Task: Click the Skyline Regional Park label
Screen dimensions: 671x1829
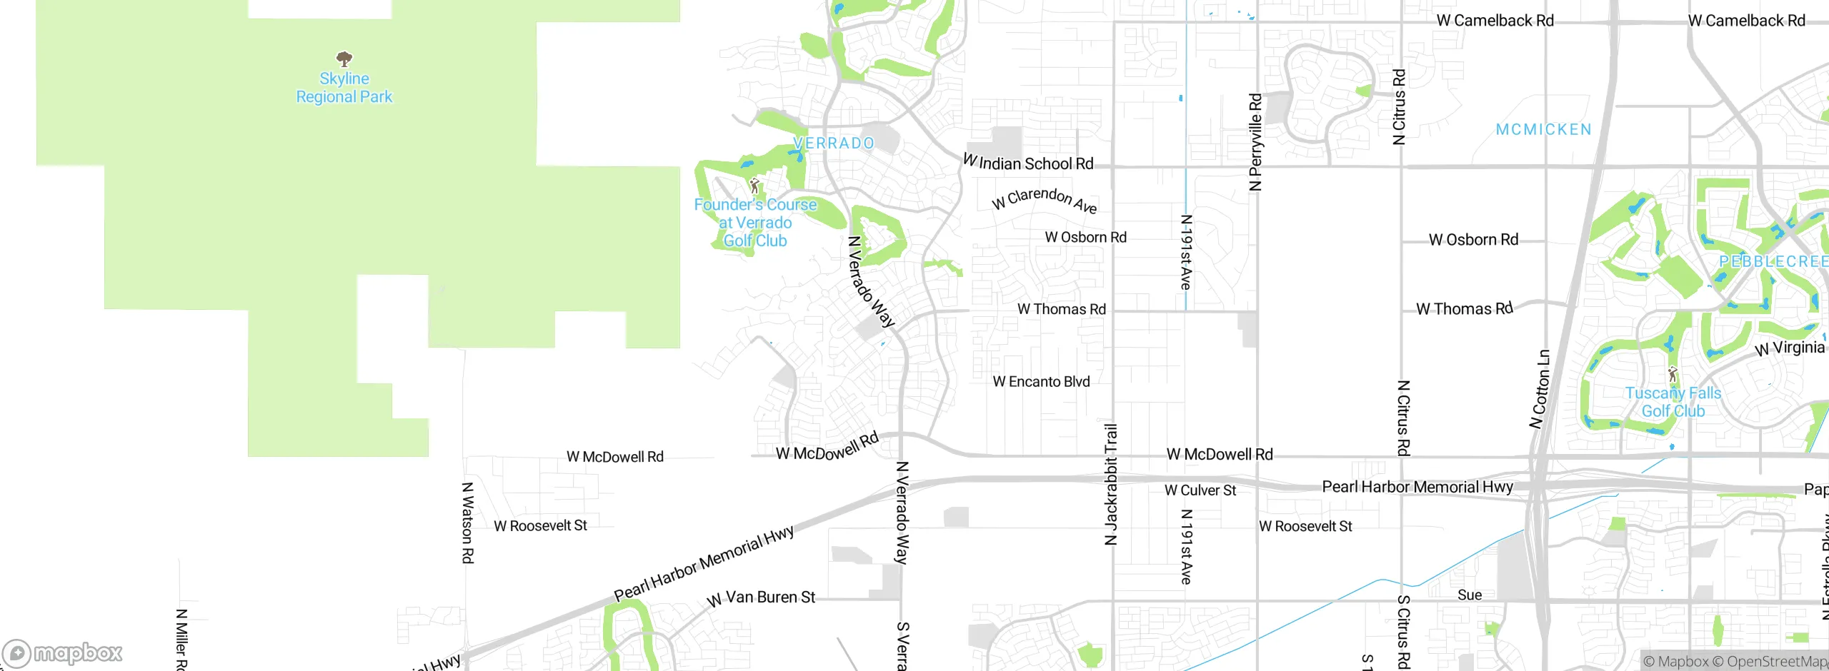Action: pos(344,88)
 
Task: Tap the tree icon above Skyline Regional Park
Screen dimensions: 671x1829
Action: pos(344,59)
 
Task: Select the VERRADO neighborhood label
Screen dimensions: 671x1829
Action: pos(834,143)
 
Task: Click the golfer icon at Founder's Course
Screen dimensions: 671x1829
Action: pos(754,186)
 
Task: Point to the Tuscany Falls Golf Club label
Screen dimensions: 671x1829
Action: pos(1673,402)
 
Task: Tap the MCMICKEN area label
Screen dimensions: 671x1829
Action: pos(1543,130)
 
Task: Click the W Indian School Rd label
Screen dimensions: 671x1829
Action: pos(1029,163)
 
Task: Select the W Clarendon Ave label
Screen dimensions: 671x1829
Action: pos(1045,199)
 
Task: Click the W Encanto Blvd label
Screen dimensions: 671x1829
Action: pos(1041,382)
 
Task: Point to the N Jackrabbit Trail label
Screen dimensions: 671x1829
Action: pos(1111,485)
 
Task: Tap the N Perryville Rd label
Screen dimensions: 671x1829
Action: pos(1255,142)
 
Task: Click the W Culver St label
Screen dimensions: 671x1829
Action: pos(1200,490)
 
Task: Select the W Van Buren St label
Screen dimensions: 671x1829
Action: pos(761,598)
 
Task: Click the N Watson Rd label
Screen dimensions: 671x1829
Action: pos(467,523)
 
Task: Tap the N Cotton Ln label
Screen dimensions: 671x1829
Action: pos(1540,389)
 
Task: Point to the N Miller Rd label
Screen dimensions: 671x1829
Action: pos(181,639)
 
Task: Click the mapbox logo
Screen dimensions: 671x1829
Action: pos(63,652)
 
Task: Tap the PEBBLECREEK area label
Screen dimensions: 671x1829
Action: pos(1773,262)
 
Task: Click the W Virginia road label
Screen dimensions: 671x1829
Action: pos(1790,348)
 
